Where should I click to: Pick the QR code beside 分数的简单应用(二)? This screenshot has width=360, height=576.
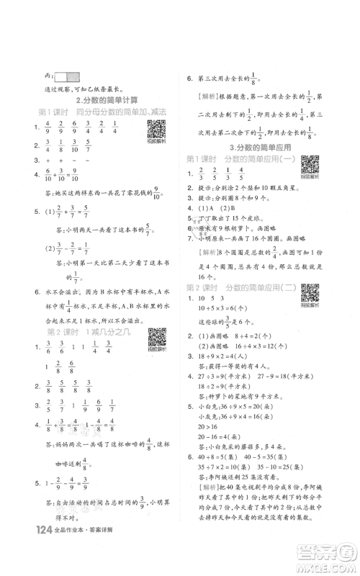coord(311,312)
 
